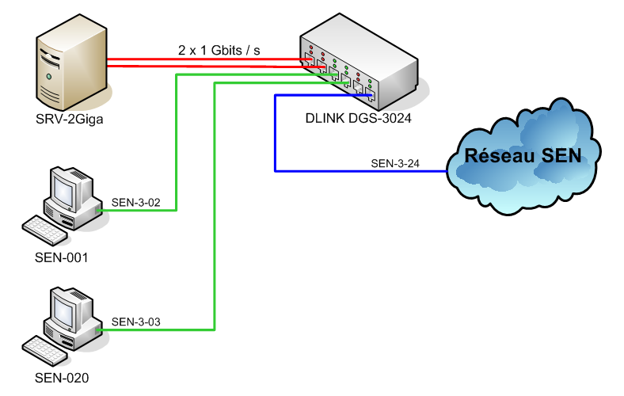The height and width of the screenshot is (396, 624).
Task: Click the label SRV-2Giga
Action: [69, 120]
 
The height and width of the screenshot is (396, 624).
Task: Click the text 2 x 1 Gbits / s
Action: [219, 50]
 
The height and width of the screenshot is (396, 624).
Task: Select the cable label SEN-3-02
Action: [136, 203]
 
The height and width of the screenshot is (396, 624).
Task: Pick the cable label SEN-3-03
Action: [136, 322]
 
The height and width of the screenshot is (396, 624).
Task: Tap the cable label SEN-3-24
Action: [395, 164]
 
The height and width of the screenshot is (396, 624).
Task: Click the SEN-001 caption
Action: [62, 257]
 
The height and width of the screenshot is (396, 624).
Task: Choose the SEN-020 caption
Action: [62, 378]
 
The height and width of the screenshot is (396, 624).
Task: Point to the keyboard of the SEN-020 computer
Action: [45, 348]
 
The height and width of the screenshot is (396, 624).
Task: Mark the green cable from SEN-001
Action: [176, 143]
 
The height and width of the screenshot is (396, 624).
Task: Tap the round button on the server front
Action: [49, 77]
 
